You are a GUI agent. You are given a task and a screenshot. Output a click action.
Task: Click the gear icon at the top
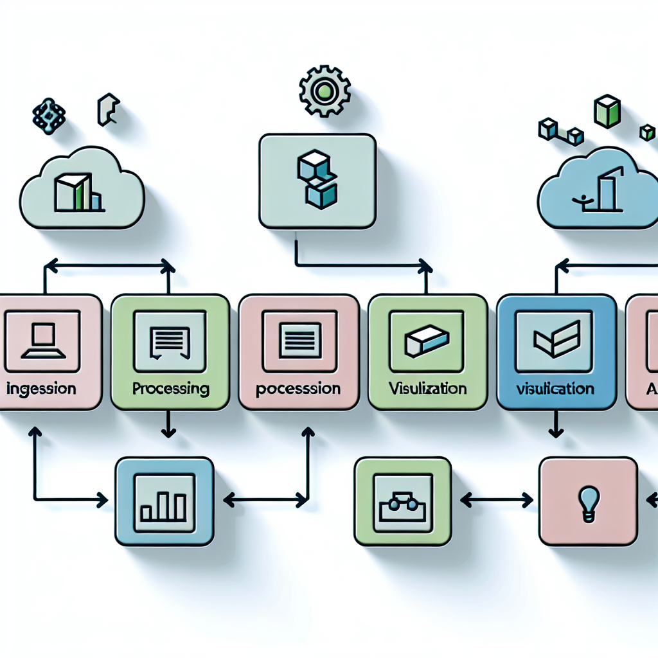(x=325, y=91)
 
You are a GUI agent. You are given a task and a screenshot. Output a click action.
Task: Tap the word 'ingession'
(x=42, y=389)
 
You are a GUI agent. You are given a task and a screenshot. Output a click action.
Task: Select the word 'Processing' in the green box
(x=170, y=388)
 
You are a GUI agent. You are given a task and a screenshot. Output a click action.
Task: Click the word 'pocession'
(x=298, y=389)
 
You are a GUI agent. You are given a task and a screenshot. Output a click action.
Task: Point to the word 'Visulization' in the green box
(x=427, y=388)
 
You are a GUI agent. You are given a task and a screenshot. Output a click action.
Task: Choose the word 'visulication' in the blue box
(x=555, y=389)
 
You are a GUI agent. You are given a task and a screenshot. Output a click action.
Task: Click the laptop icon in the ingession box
(x=42, y=341)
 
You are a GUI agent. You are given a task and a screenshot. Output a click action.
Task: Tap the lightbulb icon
(x=589, y=499)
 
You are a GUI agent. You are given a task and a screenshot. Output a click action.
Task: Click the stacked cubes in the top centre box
(x=317, y=180)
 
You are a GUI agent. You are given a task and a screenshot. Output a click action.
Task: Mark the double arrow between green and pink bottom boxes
(x=497, y=499)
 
